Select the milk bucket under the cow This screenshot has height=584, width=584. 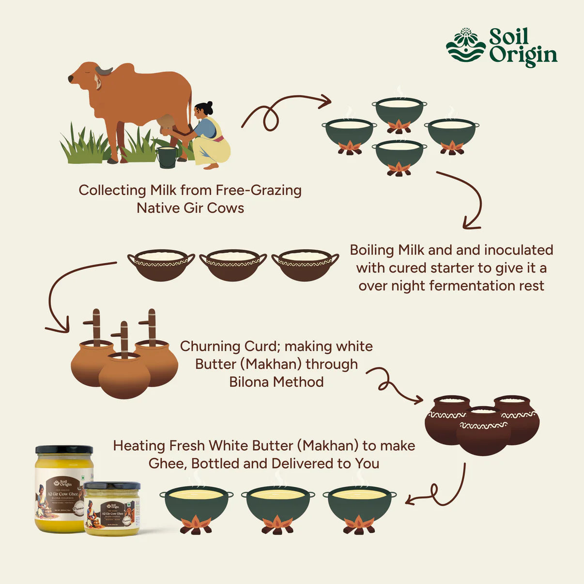[167, 157]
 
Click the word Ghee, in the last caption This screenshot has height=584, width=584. [168, 463]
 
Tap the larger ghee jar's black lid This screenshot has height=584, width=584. [64, 450]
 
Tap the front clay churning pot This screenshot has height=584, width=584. [124, 375]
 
